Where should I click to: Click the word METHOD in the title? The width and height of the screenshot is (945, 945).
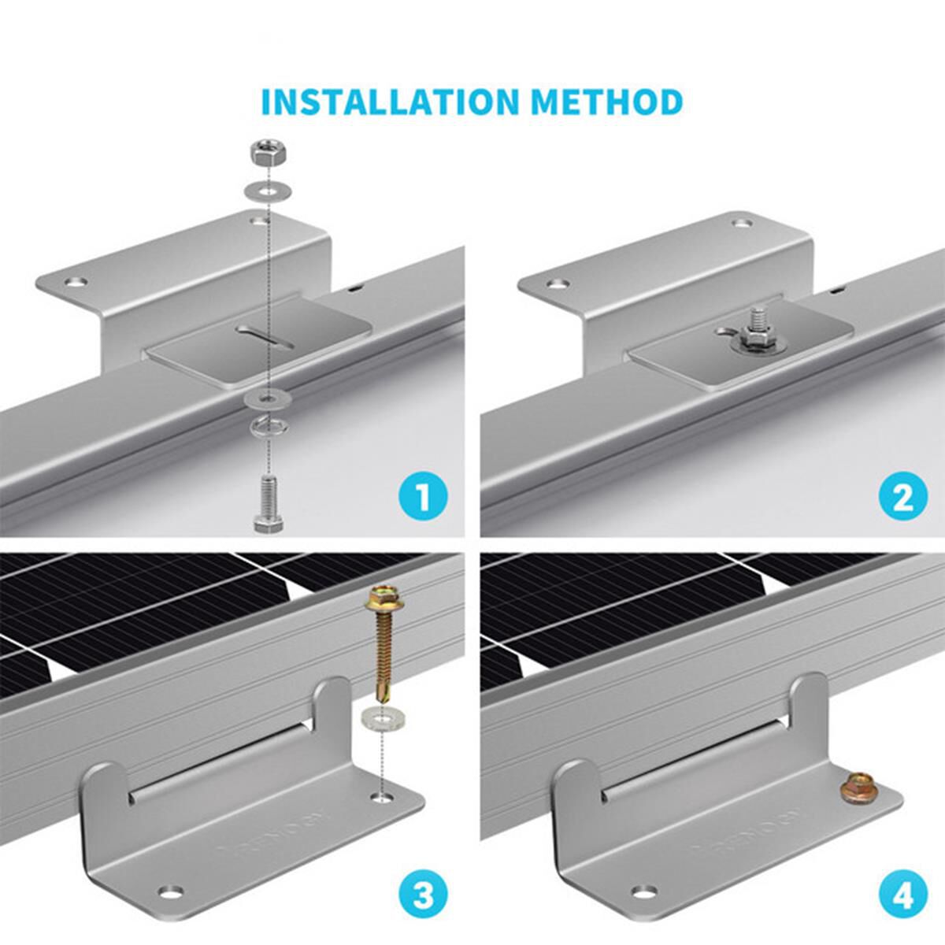(606, 102)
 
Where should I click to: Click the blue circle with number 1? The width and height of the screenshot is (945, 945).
(422, 497)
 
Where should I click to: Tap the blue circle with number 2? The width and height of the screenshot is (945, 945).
(902, 497)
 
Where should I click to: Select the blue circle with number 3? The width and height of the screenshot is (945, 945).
(422, 895)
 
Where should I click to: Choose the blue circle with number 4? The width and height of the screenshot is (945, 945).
(902, 895)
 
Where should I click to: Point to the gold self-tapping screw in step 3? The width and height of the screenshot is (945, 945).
(381, 645)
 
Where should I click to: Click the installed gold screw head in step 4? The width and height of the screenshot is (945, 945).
(855, 787)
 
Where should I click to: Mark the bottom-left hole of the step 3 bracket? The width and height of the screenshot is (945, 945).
(168, 891)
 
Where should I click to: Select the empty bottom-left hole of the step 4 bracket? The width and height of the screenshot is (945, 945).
(645, 891)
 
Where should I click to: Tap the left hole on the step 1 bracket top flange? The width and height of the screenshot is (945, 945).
(76, 281)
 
